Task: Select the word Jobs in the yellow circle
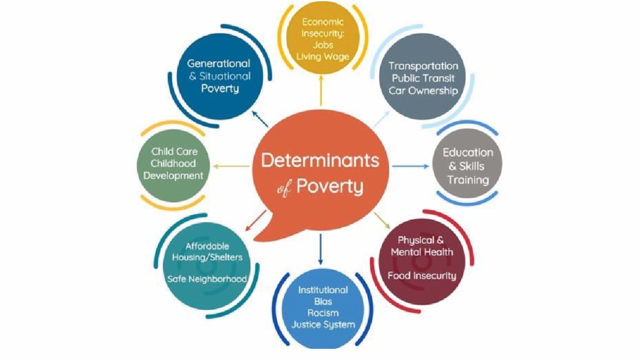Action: pos(323,45)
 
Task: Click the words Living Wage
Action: pos(323,56)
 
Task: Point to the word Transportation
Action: pos(423,66)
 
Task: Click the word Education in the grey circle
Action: pos(468,153)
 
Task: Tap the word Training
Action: pos(468,180)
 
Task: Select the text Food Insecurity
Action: pos(422,276)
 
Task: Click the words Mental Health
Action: pos(422,252)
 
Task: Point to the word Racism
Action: pos(323,313)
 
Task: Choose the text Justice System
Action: pos(323,324)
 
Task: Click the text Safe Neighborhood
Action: pos(207,279)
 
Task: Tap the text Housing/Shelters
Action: pos(207,258)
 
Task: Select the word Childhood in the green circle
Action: pos(173,163)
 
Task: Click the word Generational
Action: pos(219,63)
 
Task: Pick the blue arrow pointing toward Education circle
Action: pos(411,166)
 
